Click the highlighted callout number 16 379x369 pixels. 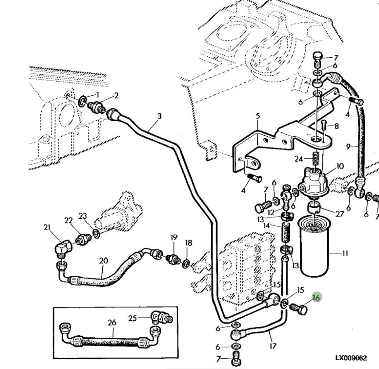click(x=316, y=297)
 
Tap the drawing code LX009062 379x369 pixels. click(x=350, y=358)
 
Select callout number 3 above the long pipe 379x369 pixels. click(x=159, y=116)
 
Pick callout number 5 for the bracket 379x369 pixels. click(x=258, y=116)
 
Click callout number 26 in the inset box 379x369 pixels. click(x=112, y=322)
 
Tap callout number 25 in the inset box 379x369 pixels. click(x=132, y=318)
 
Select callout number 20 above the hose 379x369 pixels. click(x=103, y=260)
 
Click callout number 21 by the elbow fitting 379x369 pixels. click(x=47, y=227)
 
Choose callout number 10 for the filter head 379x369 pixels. click(x=340, y=166)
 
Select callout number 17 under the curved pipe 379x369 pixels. click(x=273, y=346)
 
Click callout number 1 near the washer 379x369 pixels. click(x=97, y=95)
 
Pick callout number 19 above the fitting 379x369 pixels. click(x=174, y=238)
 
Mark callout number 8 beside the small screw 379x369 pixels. click(x=336, y=126)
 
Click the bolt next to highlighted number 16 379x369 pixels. click(x=300, y=310)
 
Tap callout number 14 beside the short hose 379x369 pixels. click(x=267, y=225)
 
